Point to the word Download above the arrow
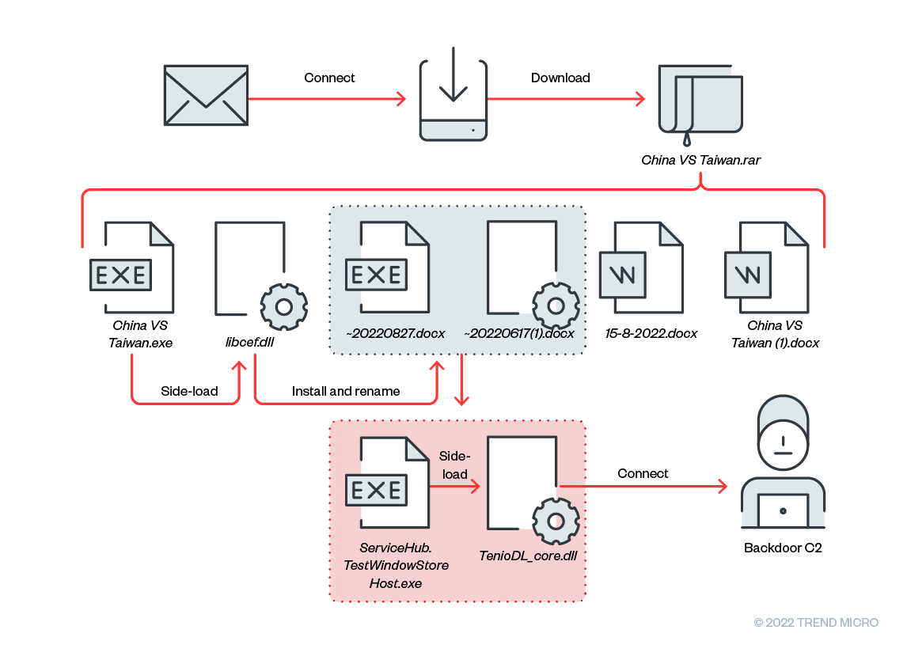coord(560,78)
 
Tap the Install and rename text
coord(346,391)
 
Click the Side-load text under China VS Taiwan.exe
coord(189,391)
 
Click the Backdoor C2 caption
coord(783,547)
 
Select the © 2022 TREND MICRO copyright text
coord(816,623)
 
